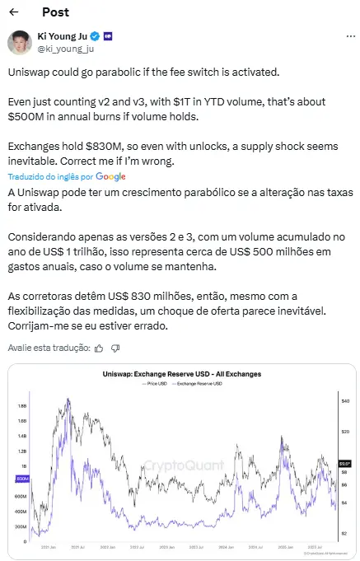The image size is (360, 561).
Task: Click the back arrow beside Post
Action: tap(13, 13)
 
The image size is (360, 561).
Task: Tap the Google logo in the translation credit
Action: tap(110, 176)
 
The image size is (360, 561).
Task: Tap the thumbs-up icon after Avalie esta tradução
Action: tap(99, 348)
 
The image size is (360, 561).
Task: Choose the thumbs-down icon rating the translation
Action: tap(119, 348)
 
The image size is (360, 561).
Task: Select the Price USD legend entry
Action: tap(158, 384)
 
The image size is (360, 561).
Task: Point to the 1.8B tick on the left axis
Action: tap(21, 405)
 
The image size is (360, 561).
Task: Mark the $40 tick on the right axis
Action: tap(346, 400)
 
